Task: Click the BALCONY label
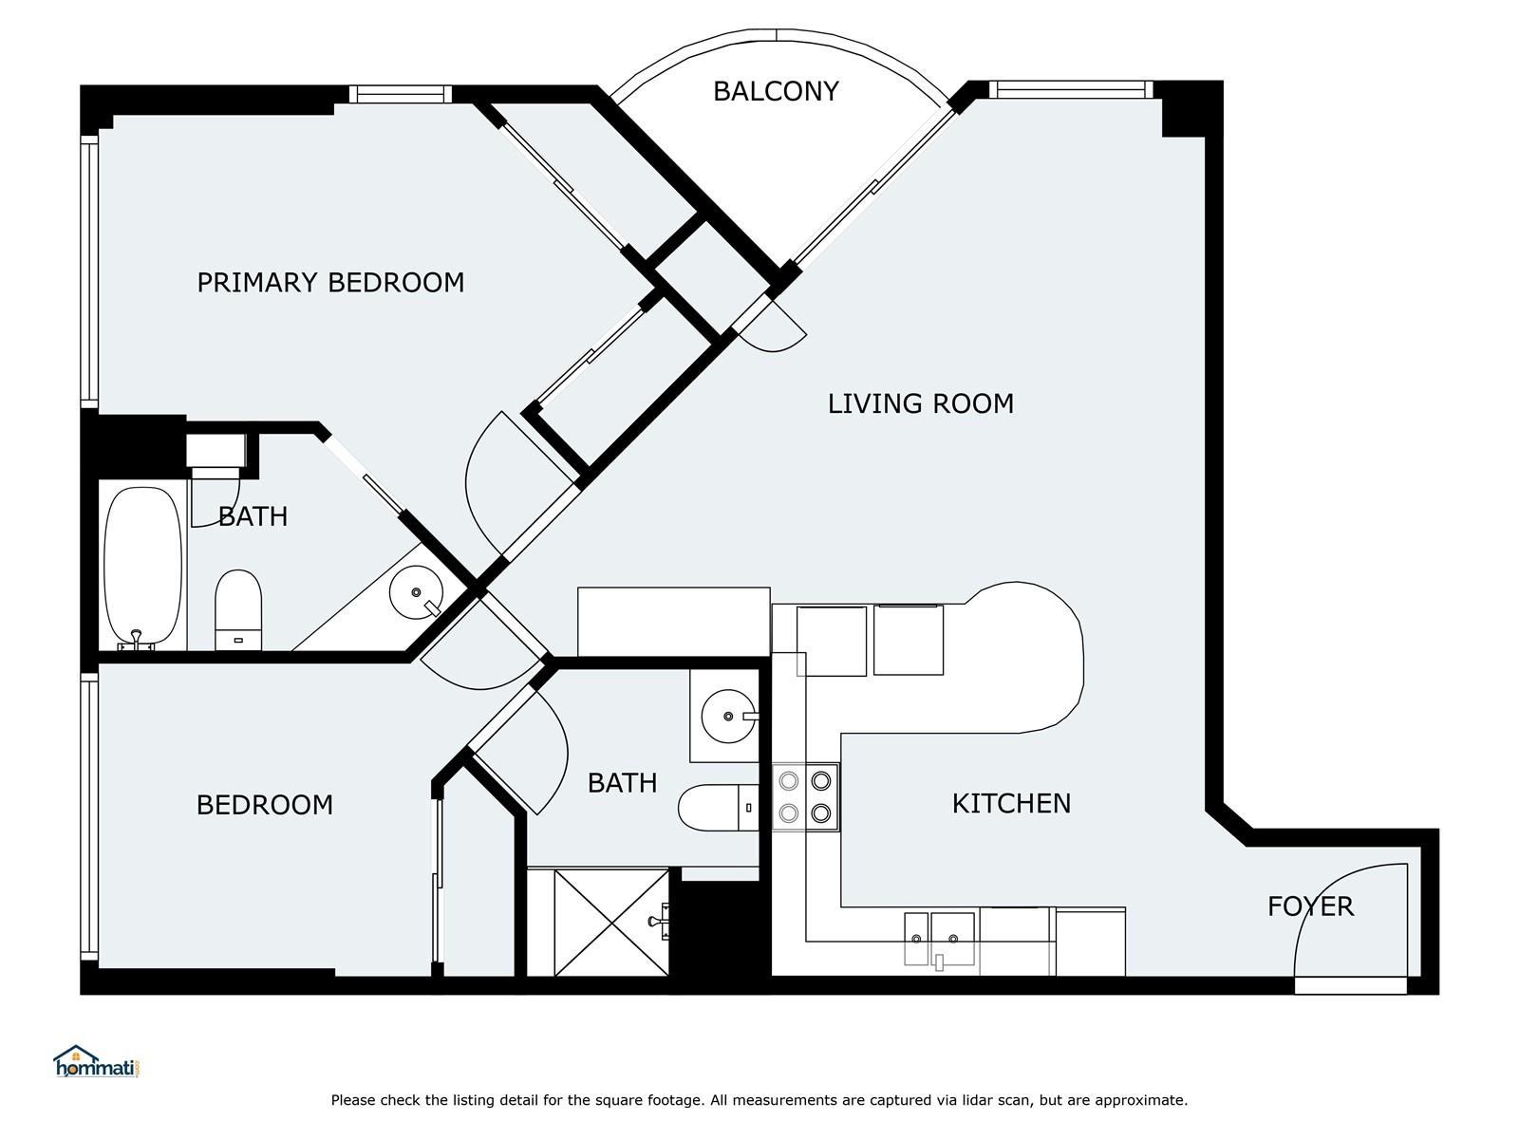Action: pos(776,91)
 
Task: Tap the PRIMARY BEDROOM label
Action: pos(330,283)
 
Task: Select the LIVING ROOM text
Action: pos(920,404)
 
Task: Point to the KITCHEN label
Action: pos(1011,804)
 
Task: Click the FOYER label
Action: pos(1310,906)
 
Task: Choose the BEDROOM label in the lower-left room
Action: pos(265,805)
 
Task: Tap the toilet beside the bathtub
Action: pos(238,610)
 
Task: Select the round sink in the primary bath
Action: pos(416,592)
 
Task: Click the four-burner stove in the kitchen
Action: pos(805,796)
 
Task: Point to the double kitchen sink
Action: pos(940,939)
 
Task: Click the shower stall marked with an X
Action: pos(611,923)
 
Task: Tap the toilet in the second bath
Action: pos(719,807)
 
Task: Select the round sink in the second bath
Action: pos(728,717)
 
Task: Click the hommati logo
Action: pos(97,1062)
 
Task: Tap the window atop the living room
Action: pos(1071,89)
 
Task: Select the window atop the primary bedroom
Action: pos(400,94)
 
